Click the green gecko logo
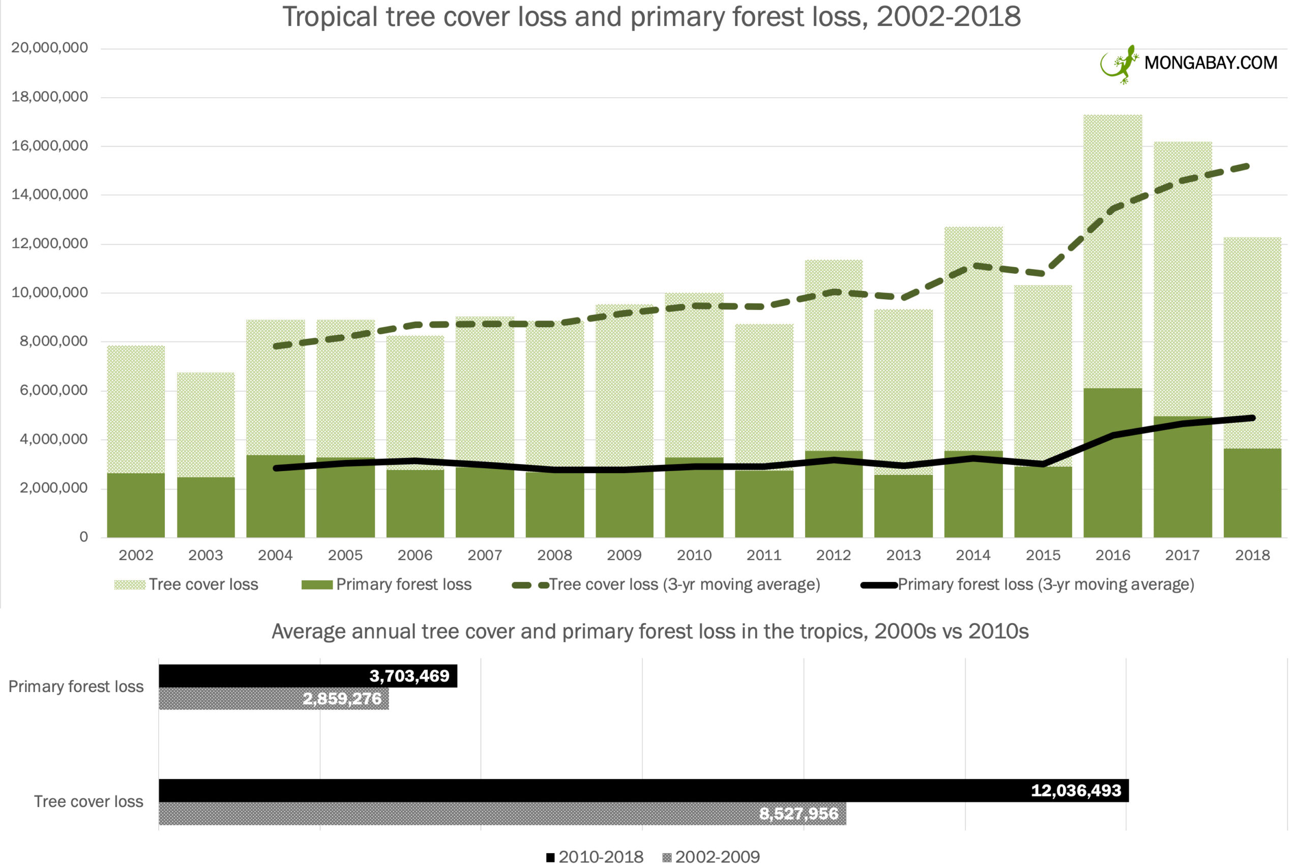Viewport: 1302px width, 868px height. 1119,64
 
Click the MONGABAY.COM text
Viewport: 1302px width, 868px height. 1210,63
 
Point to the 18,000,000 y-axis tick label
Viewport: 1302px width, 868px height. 49,97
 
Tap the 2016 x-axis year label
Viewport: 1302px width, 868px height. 1112,555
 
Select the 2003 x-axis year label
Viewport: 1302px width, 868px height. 205,555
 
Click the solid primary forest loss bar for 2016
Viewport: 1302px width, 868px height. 1112,462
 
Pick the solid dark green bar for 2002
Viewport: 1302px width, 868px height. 136,505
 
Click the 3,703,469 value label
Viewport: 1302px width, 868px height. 409,676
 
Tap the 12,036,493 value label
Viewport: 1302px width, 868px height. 1076,791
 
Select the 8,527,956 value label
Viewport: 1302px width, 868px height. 798,814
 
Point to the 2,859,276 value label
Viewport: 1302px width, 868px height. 342,699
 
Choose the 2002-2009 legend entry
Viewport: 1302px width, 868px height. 711,857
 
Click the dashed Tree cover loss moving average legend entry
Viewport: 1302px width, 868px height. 666,585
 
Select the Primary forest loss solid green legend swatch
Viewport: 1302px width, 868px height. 316,585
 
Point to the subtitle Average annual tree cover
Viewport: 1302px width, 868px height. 649,631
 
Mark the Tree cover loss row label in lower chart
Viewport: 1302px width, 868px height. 88,801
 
